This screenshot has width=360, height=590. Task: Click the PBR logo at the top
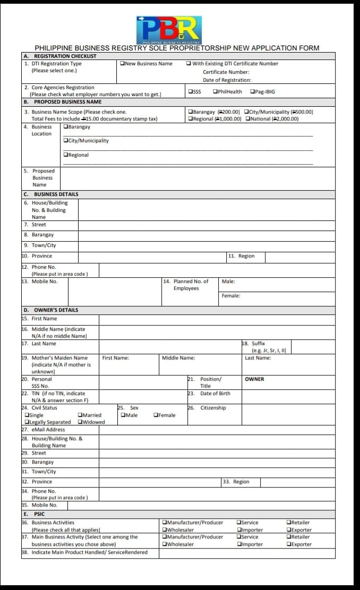[x=169, y=30]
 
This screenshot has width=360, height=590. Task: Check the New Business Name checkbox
[x=123, y=64]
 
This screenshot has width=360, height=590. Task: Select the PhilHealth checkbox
[x=216, y=92]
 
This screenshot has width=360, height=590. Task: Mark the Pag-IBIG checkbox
[x=252, y=92]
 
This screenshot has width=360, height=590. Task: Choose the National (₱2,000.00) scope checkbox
[x=248, y=119]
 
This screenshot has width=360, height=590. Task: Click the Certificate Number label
[x=226, y=72]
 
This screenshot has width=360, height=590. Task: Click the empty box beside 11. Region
[x=299, y=256]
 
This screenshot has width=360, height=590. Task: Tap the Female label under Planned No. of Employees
[x=231, y=296]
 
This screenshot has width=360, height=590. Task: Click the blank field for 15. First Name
[x=217, y=319]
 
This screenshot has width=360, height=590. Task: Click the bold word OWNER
[x=254, y=379]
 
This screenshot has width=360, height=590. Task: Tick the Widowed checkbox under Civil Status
[x=80, y=423]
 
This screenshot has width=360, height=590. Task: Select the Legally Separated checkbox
[x=27, y=423]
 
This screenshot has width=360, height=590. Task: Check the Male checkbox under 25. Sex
[x=123, y=415]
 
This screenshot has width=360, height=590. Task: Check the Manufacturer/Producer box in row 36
[x=165, y=523]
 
